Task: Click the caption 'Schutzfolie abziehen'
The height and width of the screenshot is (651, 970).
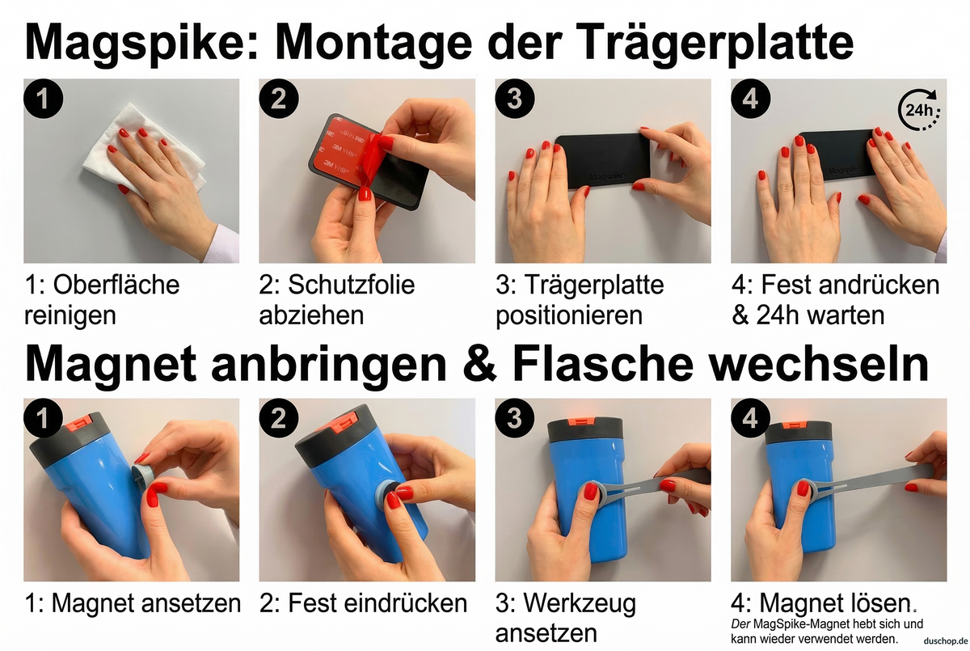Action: click(337, 299)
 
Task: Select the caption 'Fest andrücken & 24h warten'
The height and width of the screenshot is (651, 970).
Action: click(836, 299)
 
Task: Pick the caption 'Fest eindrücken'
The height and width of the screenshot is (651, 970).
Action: click(364, 602)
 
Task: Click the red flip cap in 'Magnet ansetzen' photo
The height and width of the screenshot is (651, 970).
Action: click(81, 421)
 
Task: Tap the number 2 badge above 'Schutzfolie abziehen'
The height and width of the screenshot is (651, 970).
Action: click(280, 99)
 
